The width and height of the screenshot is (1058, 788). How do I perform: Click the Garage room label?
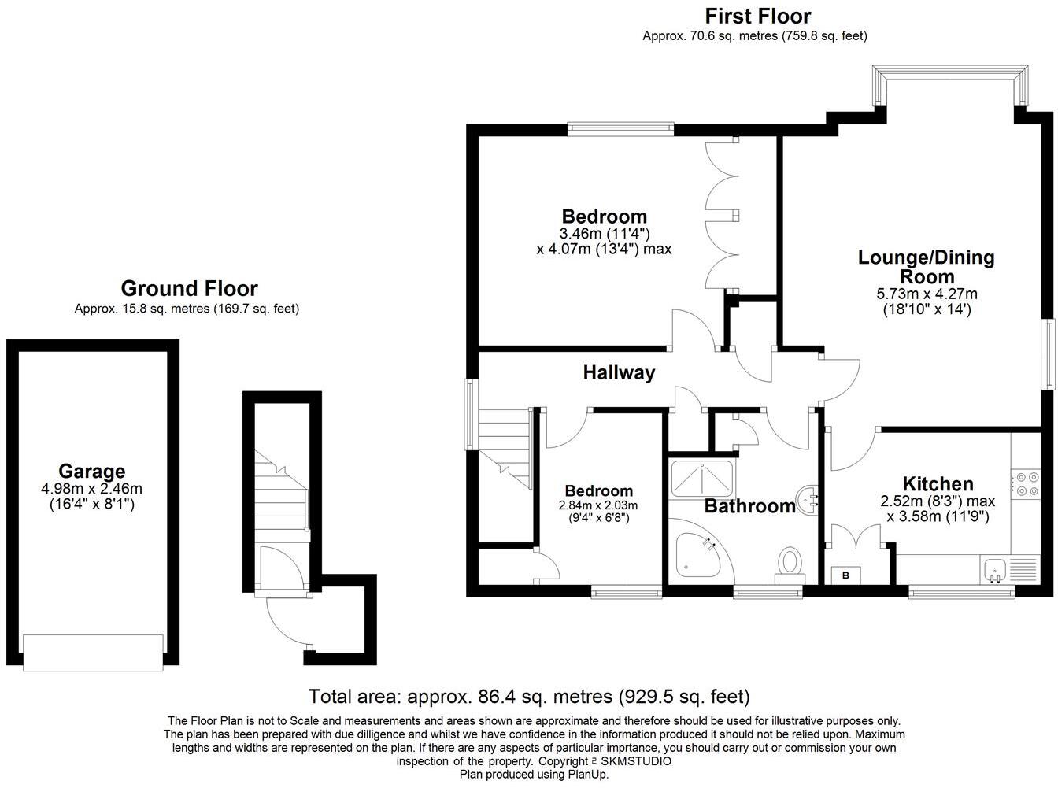(92, 471)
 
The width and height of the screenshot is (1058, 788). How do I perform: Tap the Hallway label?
(619, 372)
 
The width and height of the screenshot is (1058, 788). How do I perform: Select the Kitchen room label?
(938, 483)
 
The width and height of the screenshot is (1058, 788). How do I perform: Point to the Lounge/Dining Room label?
(926, 266)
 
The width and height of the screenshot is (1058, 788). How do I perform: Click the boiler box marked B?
(846, 575)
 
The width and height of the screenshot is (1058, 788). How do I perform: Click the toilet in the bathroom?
(789, 564)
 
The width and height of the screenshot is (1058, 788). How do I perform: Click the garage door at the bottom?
(93, 653)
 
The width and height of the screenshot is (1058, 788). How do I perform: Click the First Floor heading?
(757, 16)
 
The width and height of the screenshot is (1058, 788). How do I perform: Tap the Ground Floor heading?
(189, 289)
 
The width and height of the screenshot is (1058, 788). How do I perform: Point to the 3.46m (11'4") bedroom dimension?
(604, 234)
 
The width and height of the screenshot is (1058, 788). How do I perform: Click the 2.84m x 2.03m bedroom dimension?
(598, 505)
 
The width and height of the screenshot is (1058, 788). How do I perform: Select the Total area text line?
(528, 697)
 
